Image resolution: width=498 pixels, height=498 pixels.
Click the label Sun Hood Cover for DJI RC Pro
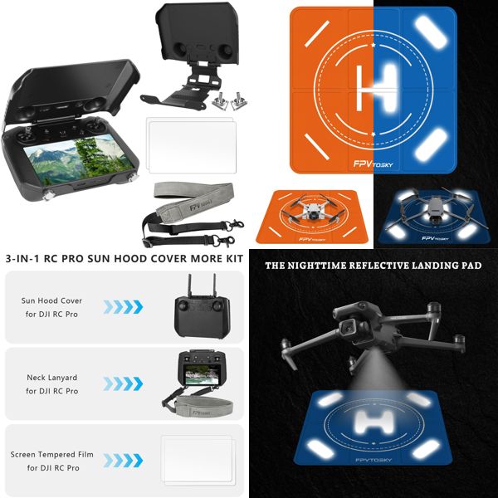(x=51, y=306)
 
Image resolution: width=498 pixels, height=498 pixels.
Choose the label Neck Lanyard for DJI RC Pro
(x=51, y=383)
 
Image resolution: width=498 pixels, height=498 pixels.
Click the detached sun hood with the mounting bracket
(x=190, y=50)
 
